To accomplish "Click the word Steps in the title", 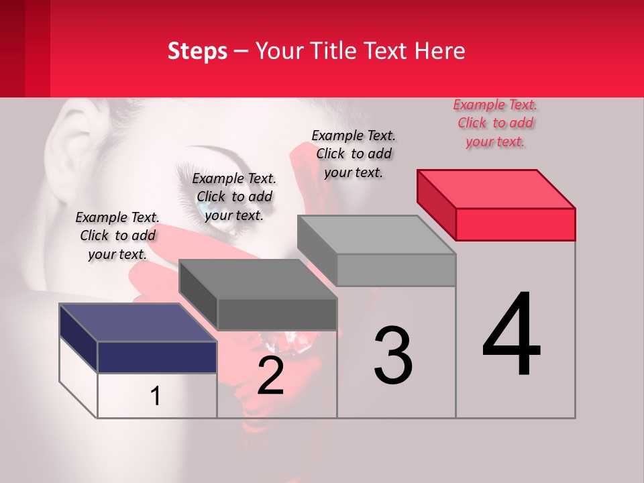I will (197, 51).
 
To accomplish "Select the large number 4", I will (511, 335).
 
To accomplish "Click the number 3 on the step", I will (393, 356).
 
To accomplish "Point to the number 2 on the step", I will (270, 376).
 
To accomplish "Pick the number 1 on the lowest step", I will (156, 396).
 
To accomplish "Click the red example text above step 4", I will (495, 123).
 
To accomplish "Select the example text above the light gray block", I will (354, 154).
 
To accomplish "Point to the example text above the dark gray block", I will (234, 197).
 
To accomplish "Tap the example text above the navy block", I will (117, 235).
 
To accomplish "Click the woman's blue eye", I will (205, 207).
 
